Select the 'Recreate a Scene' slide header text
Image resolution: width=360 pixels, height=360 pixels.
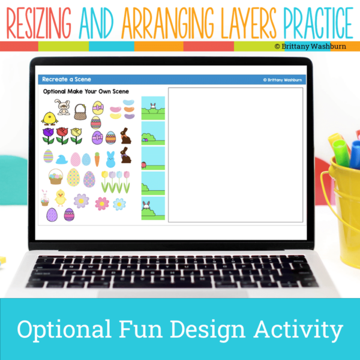62,79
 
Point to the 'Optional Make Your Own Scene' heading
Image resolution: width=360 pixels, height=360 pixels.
85,92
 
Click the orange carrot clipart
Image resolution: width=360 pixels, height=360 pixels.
97,159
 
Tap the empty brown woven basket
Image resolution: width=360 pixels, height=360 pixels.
80,111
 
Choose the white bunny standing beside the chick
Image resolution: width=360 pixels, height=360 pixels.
63,110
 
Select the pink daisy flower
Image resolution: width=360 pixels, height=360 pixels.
103,203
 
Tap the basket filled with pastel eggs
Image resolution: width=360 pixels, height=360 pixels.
56,176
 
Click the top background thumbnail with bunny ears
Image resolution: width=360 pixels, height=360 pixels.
152,108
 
